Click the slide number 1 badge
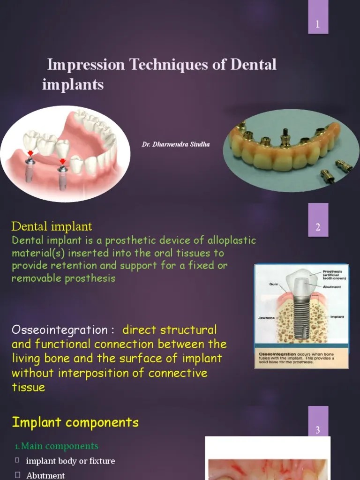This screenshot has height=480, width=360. coord(318,24)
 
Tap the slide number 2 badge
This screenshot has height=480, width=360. coord(318,228)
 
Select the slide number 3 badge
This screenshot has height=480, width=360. coord(318,430)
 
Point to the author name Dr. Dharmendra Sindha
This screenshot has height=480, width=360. coord(176,144)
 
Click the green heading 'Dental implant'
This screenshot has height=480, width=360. coord(52,227)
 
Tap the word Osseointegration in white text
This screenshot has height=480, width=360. coord(59,330)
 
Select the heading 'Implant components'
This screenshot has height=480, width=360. coord(75,422)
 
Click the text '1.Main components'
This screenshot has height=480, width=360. coord(56,446)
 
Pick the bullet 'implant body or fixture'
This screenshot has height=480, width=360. coord(70,461)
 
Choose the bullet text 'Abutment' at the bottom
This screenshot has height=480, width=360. coord(45,475)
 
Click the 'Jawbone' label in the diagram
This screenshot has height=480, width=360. coord(266,317)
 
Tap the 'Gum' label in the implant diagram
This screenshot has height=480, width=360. coord(274,284)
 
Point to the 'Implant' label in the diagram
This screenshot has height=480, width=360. coord(337,317)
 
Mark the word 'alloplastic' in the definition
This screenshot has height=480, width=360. coord(230,240)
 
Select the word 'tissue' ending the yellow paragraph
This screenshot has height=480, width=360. coord(28,387)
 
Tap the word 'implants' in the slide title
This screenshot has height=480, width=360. coord(73,85)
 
